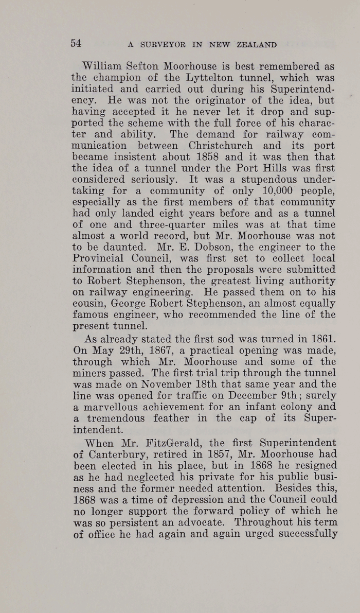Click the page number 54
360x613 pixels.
(x=76, y=43)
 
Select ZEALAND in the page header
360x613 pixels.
(x=257, y=45)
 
